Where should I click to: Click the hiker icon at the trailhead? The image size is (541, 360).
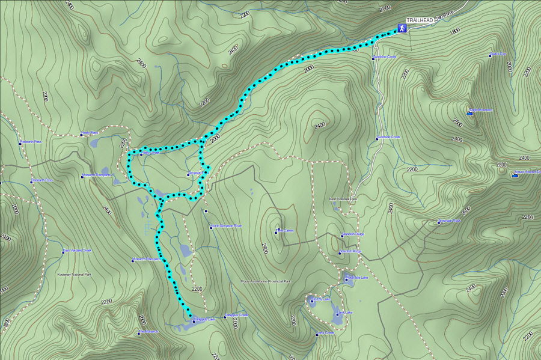400,28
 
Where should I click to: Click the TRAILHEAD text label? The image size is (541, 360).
418,20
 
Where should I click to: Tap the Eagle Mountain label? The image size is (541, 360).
481,111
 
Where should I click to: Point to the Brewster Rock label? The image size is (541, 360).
451,221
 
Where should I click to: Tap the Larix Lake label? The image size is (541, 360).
344,313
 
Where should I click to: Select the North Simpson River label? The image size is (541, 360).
226,226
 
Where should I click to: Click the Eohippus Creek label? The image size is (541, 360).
236,315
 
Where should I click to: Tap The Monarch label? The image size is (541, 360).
149,332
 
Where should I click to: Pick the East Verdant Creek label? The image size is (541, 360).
79,251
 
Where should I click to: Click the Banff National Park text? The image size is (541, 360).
343,199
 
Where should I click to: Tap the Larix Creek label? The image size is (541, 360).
325,332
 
